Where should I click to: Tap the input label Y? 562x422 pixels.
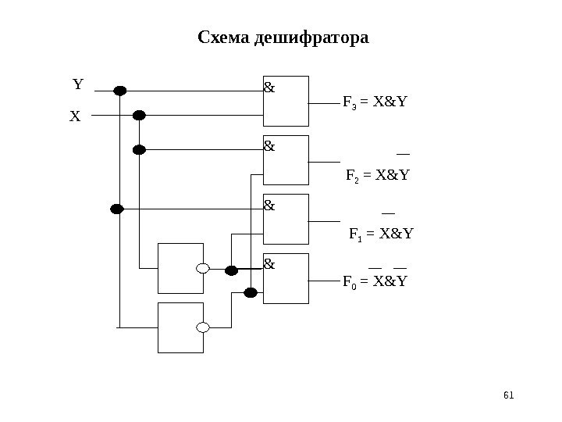coord(78,84)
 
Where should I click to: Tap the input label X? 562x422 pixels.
coord(75,116)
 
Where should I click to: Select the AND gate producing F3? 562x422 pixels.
coord(286,102)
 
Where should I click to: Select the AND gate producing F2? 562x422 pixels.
coord(286,160)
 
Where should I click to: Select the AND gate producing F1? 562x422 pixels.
coord(286,220)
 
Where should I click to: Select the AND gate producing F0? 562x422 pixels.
coord(286,278)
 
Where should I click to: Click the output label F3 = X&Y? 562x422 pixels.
coord(375,102)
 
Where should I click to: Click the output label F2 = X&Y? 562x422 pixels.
coord(377,175)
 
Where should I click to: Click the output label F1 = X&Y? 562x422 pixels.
coord(380,233)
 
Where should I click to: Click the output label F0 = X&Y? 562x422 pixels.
coord(375,279)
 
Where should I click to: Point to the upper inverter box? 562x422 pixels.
coord(180,268)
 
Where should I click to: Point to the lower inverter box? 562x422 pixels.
coord(180,327)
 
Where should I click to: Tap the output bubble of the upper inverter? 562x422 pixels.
coord(203,269)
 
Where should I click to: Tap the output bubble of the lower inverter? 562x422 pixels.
coord(203,327)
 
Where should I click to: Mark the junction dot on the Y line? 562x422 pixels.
coord(120,91)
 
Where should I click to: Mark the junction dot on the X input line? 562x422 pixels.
coord(139,116)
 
